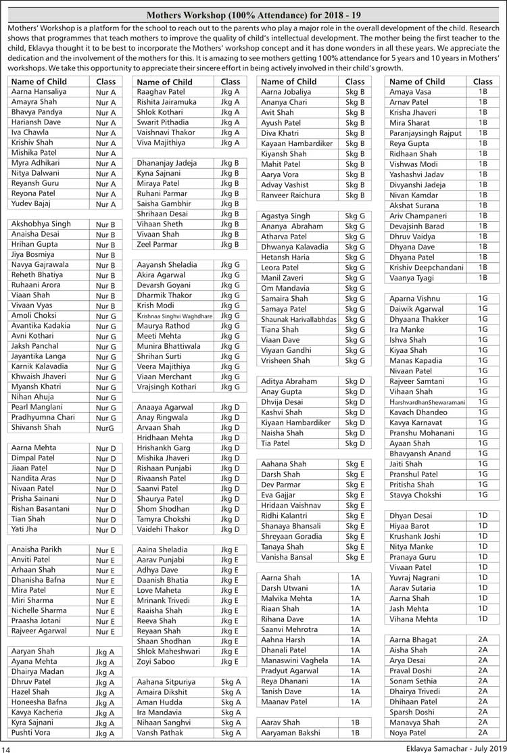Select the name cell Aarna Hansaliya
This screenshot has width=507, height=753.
tap(39, 92)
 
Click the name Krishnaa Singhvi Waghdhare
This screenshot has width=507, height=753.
tap(174, 316)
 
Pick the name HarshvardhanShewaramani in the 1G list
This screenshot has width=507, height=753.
tap(427, 402)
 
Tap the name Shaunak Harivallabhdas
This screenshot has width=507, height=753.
tap(299, 320)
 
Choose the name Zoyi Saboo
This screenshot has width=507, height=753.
tap(155, 662)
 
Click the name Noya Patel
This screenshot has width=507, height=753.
tap(408, 733)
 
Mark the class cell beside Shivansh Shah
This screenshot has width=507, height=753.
tap(105, 428)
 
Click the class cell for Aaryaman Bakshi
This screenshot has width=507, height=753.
tap(354, 733)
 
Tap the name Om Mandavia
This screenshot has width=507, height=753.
tap(286, 289)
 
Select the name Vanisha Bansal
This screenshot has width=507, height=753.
tap(287, 558)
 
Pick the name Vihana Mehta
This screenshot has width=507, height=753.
tap(414, 619)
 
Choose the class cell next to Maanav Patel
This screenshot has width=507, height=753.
tap(354, 702)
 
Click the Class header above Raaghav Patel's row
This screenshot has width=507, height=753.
tap(230, 82)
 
